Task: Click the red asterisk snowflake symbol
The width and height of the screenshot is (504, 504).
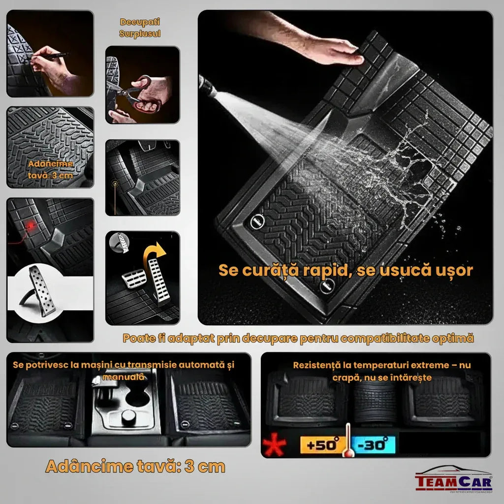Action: (274, 445)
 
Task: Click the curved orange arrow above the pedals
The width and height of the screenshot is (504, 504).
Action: (154, 251)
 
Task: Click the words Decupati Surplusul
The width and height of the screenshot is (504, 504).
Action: (140, 28)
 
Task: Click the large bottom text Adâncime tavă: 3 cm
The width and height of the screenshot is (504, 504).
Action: (135, 466)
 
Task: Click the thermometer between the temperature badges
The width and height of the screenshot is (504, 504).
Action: (348, 441)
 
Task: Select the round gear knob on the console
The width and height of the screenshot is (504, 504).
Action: (128, 418)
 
